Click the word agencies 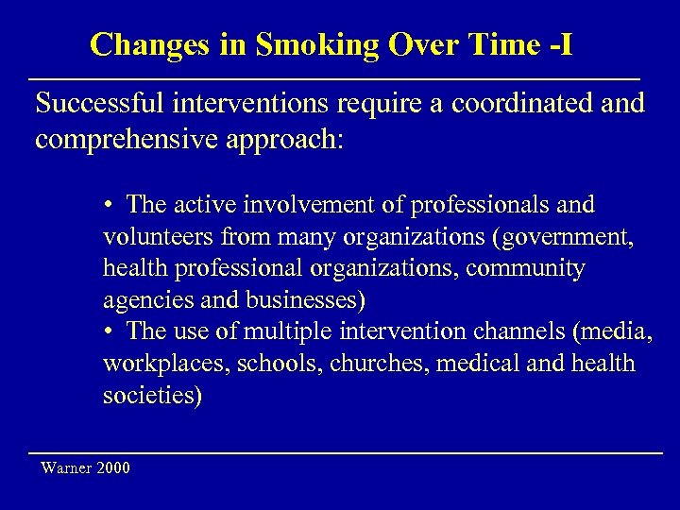tap(142, 300)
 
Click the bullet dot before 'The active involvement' tap(110, 205)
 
